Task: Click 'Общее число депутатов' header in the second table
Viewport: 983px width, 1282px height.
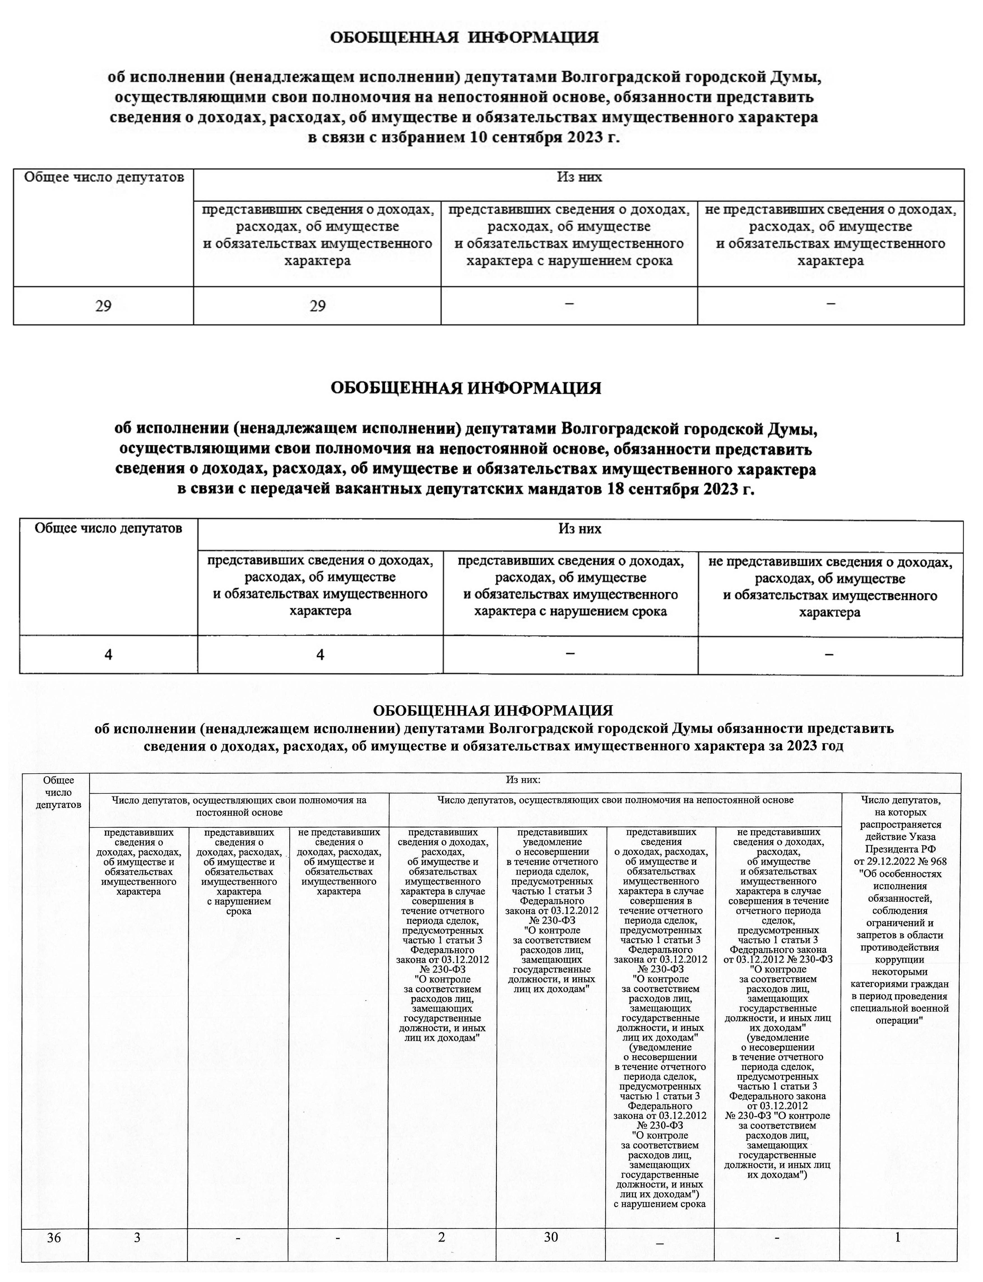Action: point(108,529)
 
